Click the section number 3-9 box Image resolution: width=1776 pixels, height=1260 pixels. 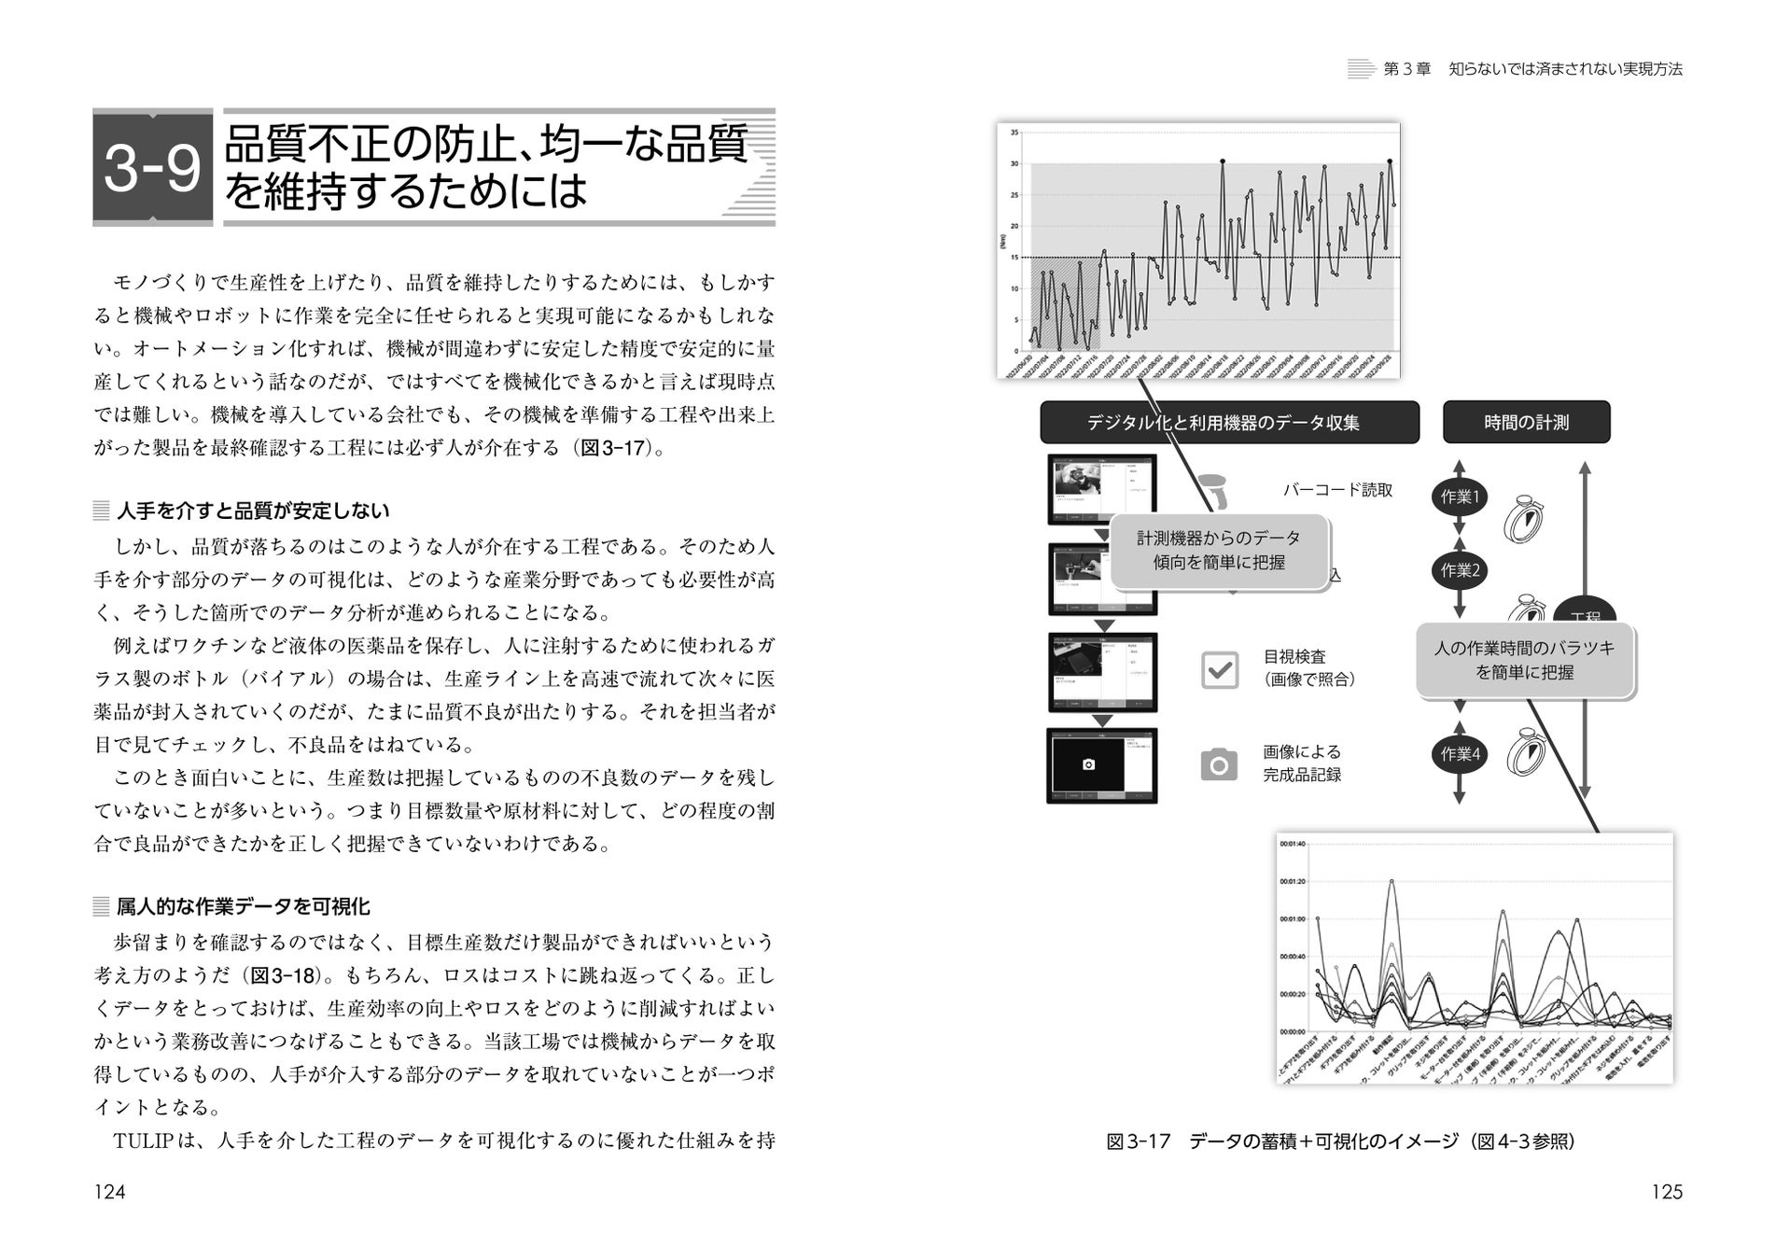pyautogui.click(x=152, y=168)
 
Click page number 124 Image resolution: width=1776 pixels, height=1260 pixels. pyautogui.click(x=110, y=1192)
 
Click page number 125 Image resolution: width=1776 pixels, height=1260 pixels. pyautogui.click(x=1667, y=1192)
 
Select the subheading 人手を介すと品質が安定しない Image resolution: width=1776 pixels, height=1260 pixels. pyautogui.click(x=253, y=511)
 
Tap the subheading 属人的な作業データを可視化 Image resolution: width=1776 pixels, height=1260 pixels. pyautogui.click(x=243, y=906)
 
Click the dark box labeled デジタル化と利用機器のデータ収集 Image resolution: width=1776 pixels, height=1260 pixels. pyautogui.click(x=1228, y=423)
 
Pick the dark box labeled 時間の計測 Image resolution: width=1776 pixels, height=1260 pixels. pyautogui.click(x=1526, y=423)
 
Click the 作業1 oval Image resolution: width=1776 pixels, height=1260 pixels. pyautogui.click(x=1460, y=497)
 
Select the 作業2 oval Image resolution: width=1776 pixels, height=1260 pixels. pyautogui.click(x=1460, y=570)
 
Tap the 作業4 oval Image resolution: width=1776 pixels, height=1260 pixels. pyautogui.click(x=1460, y=754)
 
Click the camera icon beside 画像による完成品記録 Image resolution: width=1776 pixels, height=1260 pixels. pyautogui.click(x=1219, y=764)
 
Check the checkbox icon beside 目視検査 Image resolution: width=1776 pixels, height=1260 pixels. pyautogui.click(x=1219, y=670)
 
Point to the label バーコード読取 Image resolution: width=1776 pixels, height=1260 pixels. pyautogui.click(x=1337, y=490)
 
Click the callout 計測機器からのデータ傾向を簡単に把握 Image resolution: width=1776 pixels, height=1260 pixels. pyautogui.click(x=1218, y=551)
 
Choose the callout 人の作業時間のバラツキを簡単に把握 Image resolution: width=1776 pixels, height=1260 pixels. pyautogui.click(x=1525, y=660)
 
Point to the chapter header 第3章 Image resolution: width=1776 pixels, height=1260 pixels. pyautogui.click(x=1406, y=69)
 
